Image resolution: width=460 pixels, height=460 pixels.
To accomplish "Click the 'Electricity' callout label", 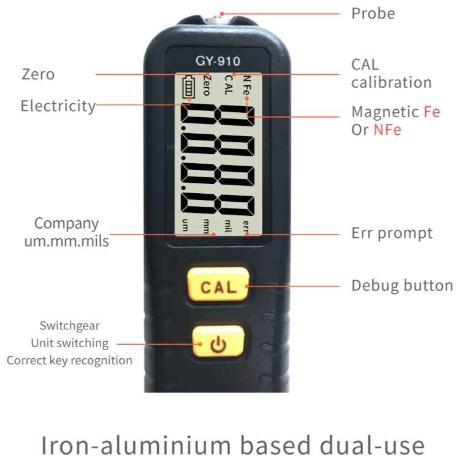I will (x=58, y=106).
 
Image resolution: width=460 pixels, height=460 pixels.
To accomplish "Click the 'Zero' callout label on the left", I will (x=38, y=75).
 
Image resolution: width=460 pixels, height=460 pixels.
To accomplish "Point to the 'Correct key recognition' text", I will (x=69, y=360).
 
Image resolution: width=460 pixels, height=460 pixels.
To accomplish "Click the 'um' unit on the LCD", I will (x=185, y=224).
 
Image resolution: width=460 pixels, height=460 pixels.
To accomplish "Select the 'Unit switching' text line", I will (x=70, y=343).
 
